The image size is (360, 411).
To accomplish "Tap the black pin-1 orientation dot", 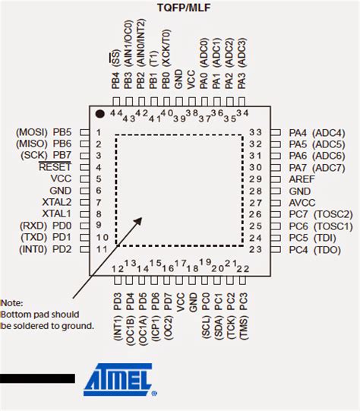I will pos(99,114).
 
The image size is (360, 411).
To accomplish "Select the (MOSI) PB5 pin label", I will pos(43,132).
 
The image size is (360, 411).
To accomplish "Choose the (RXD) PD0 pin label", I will pos(45,226).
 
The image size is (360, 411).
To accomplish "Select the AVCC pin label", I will pos(303,203).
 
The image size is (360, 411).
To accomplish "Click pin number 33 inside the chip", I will pos(255,131).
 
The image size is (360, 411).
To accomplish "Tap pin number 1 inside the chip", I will pos(99,132).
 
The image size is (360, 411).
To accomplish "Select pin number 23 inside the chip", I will pos(255,249).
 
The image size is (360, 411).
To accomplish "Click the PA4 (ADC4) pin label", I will pos(317,132).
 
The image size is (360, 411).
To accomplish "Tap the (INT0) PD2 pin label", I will pos(45,249).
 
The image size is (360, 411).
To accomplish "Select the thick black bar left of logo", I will pos(37,378).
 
